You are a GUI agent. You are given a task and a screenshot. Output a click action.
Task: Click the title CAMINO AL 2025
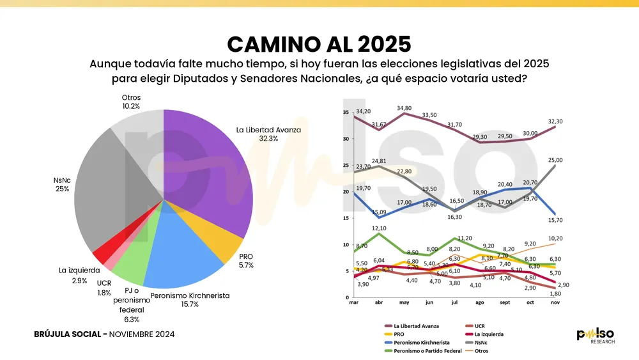319,43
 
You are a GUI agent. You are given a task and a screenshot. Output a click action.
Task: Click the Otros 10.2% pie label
130,102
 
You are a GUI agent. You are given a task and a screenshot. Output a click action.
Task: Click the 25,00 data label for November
554,160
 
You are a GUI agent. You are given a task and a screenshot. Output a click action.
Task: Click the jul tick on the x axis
454,302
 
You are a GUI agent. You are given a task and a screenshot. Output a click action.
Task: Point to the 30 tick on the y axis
346,139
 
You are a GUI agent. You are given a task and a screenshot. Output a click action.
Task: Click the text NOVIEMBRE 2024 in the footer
142,334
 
